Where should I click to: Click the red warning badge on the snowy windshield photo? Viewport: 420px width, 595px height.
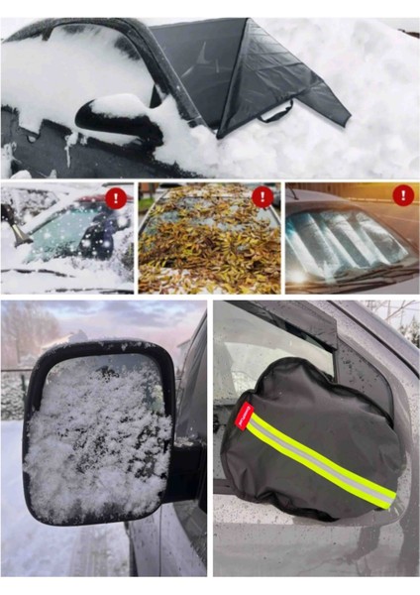click(117, 198)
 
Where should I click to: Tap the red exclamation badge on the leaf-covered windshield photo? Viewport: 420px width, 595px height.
click(262, 197)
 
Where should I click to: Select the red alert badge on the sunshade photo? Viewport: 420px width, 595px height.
click(402, 195)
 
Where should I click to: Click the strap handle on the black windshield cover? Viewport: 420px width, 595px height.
click(276, 113)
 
